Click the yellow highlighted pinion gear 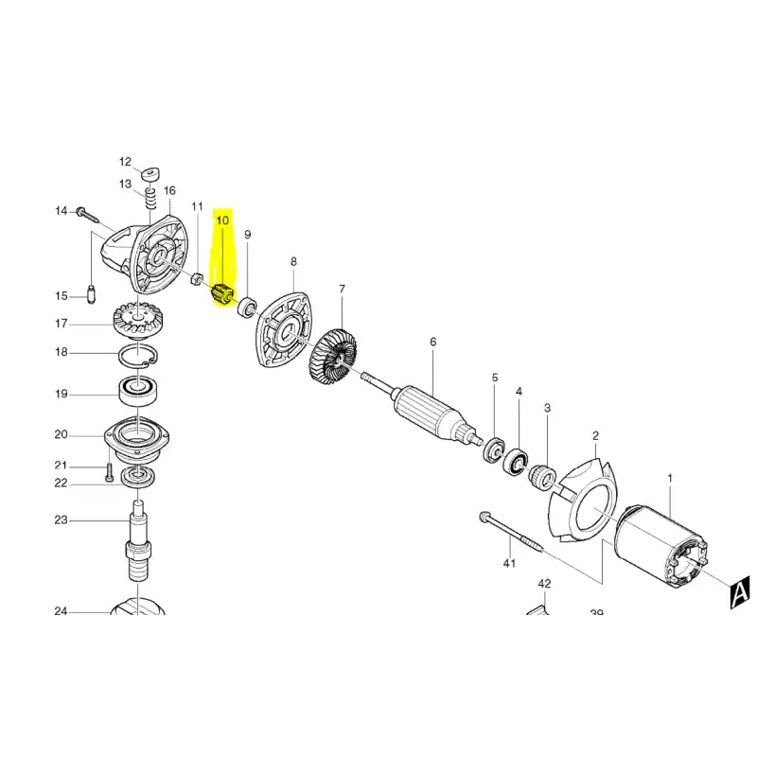[223, 294]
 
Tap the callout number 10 [222, 220]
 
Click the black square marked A [739, 592]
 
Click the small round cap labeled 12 [151, 172]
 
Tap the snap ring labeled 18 [137, 358]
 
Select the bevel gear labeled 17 [137, 321]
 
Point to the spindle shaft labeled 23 [138, 540]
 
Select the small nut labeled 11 [197, 279]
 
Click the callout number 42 [544, 584]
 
